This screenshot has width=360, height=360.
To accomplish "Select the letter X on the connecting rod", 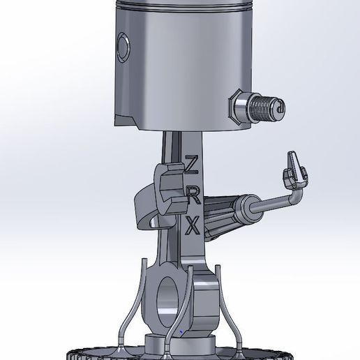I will click(x=194, y=225).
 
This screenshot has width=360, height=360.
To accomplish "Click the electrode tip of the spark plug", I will click(x=280, y=107).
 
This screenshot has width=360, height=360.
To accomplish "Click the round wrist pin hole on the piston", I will click(x=124, y=47).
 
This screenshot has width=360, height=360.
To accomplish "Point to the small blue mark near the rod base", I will click(x=180, y=331).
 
